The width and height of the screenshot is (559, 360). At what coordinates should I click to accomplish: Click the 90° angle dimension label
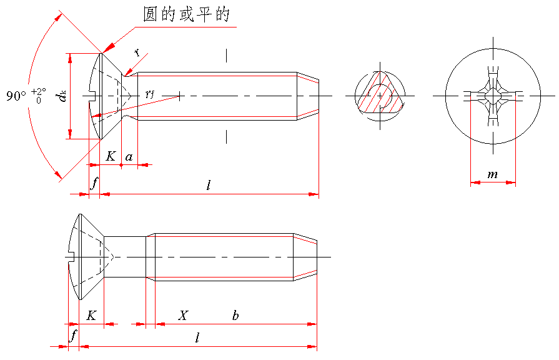point(16,96)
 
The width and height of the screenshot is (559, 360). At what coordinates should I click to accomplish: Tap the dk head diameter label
point(61,96)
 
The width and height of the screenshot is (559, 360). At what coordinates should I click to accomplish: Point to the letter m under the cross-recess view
point(492,175)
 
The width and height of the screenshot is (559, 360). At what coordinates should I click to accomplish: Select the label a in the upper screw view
point(129,157)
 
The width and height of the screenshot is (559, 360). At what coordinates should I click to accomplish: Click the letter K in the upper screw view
point(111,156)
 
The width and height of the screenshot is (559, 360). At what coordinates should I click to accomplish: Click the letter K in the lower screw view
point(91,316)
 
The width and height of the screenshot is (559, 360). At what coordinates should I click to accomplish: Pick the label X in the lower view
point(183,316)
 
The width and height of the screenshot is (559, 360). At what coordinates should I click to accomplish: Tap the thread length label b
point(235,316)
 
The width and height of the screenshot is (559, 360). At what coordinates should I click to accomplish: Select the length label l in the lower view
point(197,337)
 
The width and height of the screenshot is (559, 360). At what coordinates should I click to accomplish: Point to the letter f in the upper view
point(95,184)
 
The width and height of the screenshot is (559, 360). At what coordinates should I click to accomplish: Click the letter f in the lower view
point(74,336)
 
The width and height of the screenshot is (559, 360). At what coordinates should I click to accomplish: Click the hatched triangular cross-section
point(380,96)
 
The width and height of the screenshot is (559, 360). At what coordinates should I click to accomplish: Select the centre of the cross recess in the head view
point(493,96)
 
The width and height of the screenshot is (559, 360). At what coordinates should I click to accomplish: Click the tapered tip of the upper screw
point(307,96)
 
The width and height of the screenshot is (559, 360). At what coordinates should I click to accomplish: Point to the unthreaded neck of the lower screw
point(125,257)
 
